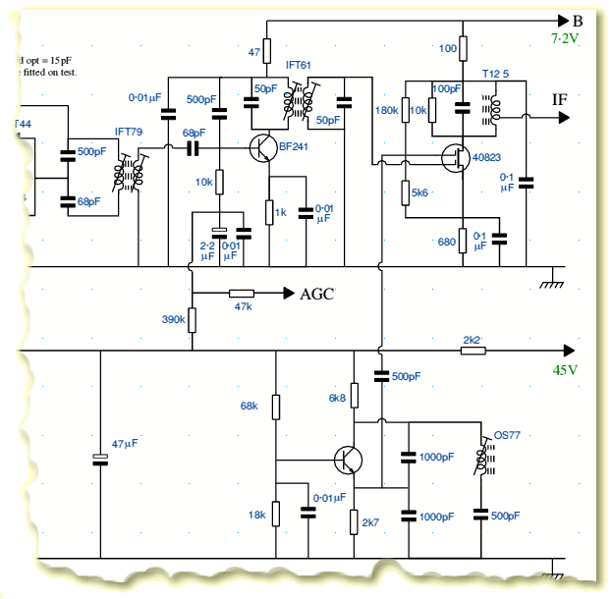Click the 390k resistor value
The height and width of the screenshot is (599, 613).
point(173,319)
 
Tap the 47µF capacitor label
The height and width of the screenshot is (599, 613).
point(125,444)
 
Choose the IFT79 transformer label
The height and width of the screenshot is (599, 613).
point(129,132)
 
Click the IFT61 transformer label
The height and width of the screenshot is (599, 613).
point(299,65)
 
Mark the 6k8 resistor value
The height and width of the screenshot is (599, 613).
point(337,398)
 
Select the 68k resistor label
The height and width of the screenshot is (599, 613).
point(249,406)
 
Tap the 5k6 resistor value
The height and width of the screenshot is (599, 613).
point(420,193)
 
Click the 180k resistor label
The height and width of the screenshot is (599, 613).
point(386,111)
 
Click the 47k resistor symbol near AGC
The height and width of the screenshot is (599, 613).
point(241,293)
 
